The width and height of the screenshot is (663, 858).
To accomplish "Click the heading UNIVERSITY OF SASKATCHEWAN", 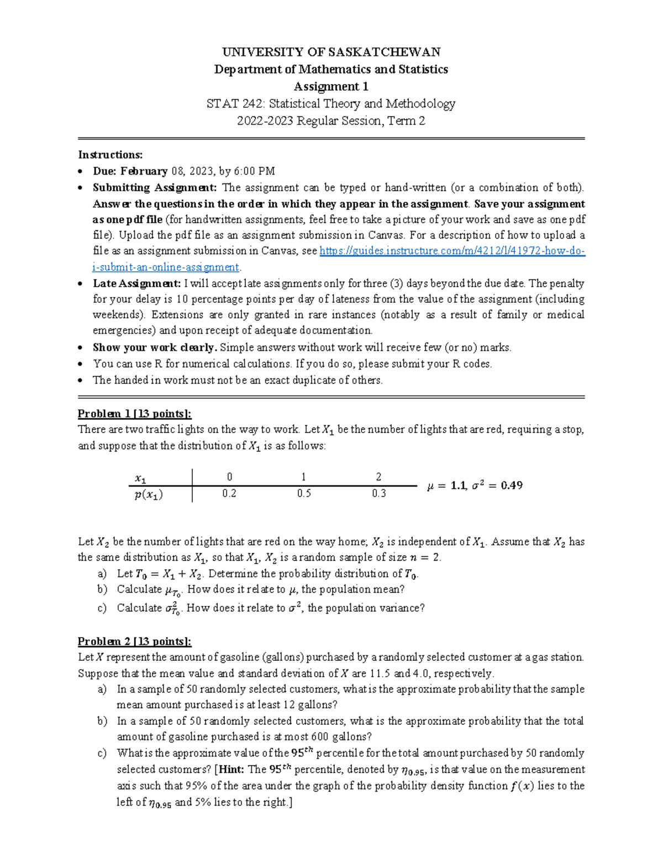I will [331, 52].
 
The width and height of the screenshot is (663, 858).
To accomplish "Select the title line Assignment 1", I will [331, 86].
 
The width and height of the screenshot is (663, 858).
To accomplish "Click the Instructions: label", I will [110, 154].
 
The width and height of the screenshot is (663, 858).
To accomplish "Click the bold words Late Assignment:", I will [136, 283].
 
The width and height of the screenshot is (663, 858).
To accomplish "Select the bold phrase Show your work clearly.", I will [155, 348].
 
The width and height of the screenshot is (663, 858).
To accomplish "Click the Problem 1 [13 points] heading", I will [134, 414].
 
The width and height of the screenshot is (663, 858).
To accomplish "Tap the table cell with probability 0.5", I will [304, 493].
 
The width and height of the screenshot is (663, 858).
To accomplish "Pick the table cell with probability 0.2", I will [229, 493].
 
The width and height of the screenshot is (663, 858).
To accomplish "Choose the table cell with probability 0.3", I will [378, 493].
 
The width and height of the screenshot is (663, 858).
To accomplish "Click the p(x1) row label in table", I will [148, 495].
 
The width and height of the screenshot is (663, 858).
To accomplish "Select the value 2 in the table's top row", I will [378, 477].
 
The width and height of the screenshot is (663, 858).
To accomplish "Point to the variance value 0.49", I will [512, 485].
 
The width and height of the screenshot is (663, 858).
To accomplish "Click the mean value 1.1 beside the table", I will [458, 485].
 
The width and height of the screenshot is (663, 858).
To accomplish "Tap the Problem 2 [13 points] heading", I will [134, 641].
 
